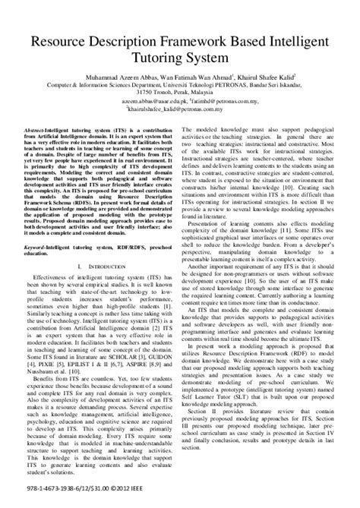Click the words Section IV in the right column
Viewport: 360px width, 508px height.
[325, 456]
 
